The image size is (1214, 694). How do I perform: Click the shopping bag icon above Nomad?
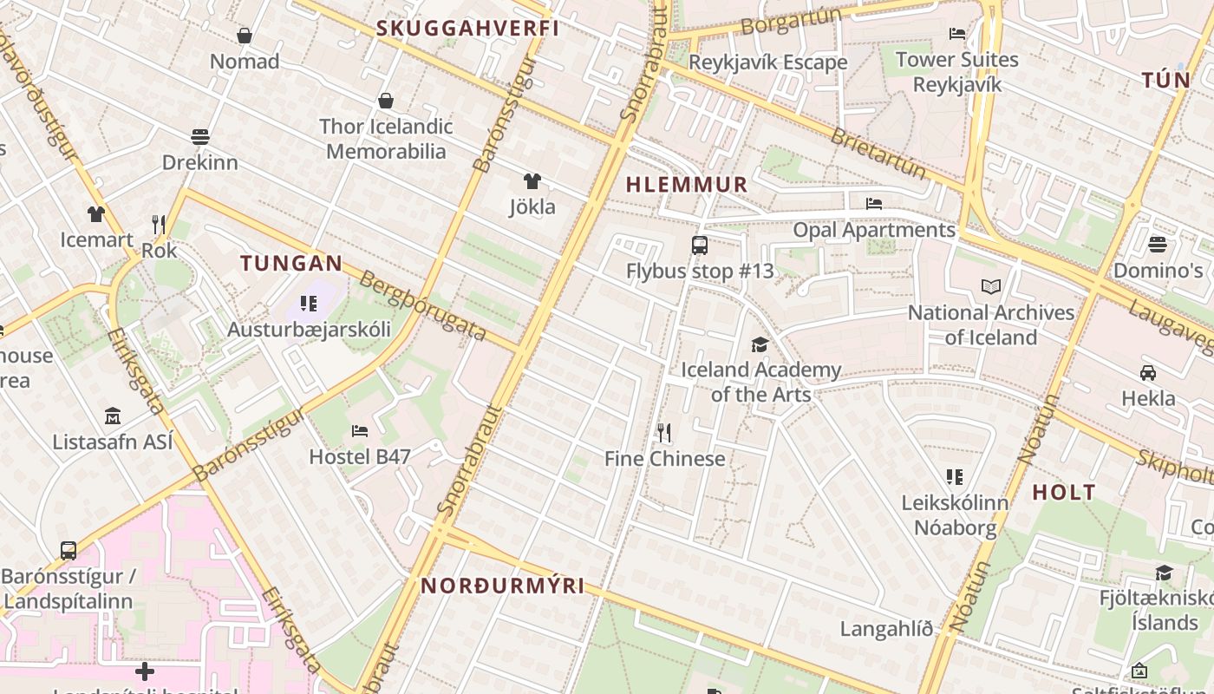[x=245, y=36]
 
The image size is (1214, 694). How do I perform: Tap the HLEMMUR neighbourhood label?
[x=687, y=184]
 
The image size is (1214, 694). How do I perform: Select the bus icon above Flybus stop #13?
[x=700, y=246]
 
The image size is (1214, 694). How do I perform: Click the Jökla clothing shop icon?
[x=532, y=181]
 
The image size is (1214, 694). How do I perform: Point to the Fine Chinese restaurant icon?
[x=664, y=432]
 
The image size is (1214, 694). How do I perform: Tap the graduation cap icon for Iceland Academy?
[x=760, y=344]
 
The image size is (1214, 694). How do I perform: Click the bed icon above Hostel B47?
[x=360, y=430]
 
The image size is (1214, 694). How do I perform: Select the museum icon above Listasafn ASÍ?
[x=113, y=416]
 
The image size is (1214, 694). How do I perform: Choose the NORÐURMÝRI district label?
[x=503, y=586]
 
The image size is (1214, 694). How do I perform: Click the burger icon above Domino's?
[x=1158, y=245]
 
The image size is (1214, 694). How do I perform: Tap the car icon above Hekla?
[x=1148, y=373]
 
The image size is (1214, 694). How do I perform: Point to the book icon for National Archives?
[x=991, y=286]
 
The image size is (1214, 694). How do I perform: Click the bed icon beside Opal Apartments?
[x=874, y=204]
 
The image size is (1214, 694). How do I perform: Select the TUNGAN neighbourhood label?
[x=291, y=263]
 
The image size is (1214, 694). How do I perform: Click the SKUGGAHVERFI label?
[x=467, y=28]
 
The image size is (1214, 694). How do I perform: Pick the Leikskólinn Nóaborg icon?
[x=955, y=476]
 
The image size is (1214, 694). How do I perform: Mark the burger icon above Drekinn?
[x=200, y=137]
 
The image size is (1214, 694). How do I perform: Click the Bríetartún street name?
[x=878, y=153]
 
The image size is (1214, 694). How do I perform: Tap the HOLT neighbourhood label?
[x=1064, y=492]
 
